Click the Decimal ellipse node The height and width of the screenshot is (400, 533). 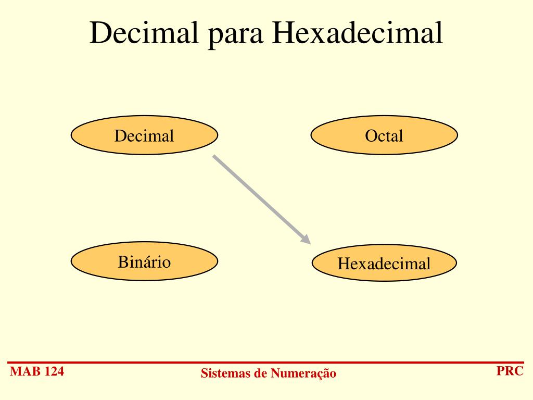pos(144,135)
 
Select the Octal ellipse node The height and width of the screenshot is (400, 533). pos(384,135)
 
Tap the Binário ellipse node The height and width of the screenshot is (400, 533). pos(144,261)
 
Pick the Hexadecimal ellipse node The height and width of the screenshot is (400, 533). pos(384,262)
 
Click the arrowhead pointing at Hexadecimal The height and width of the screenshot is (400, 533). pos(306,240)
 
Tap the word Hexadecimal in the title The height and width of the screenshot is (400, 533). pos(358,33)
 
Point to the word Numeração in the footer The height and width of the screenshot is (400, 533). pos(304,373)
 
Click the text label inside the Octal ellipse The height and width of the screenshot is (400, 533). pos(384,136)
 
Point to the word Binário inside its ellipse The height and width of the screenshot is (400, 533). pos(144,261)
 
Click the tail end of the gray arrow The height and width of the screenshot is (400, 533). pos(214,156)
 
